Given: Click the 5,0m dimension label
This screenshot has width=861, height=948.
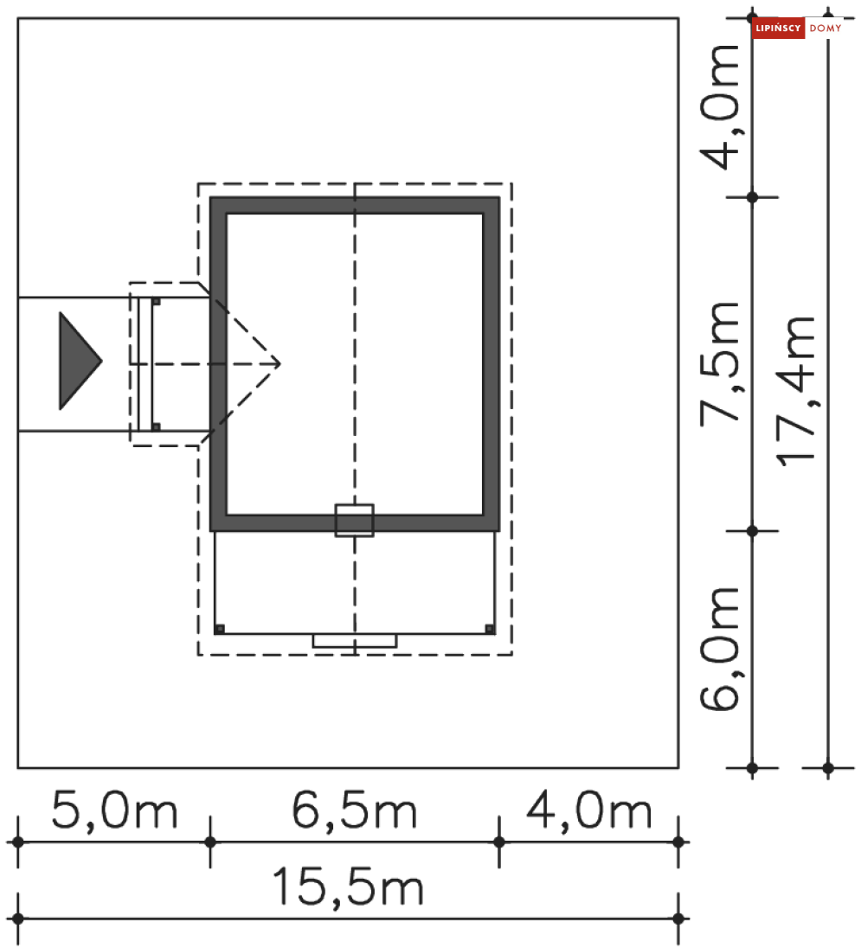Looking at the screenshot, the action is point(114,811).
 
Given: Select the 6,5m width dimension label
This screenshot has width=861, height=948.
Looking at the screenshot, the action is point(354,811).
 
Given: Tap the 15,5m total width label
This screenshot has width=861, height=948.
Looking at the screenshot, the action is point(348,887).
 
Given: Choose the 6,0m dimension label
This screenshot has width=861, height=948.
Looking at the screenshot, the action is point(720,649).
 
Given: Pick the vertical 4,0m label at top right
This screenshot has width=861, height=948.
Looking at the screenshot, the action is point(720,107).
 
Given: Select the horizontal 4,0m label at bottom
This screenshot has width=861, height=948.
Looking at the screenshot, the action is point(589,811).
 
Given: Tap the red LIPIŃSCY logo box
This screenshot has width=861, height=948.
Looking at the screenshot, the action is point(778,28).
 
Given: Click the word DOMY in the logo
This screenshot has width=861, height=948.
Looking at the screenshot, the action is point(826,29).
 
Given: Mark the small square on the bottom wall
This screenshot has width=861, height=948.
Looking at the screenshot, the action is point(354,521).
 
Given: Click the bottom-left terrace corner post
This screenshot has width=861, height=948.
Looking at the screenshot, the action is point(220,630).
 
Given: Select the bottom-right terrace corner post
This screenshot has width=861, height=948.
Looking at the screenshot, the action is point(490,630).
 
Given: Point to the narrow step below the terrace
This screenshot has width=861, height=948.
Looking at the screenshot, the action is point(354,641).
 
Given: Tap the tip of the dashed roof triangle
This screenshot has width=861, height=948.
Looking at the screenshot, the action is point(280,363).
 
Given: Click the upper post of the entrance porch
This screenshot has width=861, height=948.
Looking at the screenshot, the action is point(156,301).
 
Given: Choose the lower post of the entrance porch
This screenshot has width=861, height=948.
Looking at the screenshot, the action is point(156,426).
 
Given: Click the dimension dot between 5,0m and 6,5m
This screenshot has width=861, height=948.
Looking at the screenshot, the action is point(210,842).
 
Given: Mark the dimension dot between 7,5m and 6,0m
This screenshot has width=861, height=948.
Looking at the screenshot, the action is point(752,531).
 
